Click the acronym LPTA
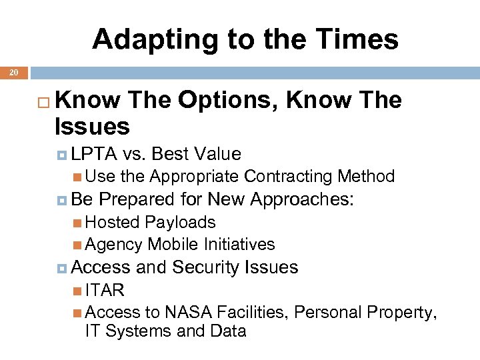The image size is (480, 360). coord(94,154)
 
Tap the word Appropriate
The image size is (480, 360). coord(194,177)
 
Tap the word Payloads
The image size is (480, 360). coord(181,222)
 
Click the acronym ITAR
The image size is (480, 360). coord(105,291)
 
